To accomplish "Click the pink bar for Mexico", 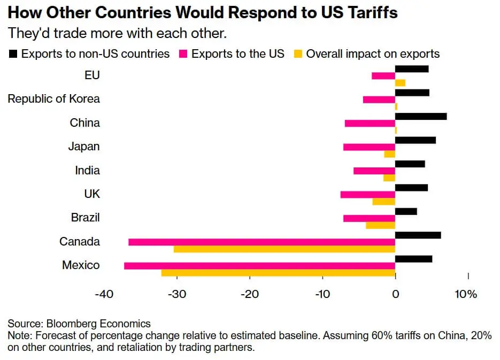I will (x=259, y=266).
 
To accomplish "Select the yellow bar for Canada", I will (x=284, y=249).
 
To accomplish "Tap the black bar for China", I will (x=421, y=116).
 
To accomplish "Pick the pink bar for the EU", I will (x=383, y=75).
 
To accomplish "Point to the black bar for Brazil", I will (x=406, y=211).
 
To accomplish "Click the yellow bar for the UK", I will (x=384, y=201).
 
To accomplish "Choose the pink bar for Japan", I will (x=369, y=147).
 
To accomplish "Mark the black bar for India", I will (x=410, y=164).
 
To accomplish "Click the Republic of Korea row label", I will (x=53, y=99).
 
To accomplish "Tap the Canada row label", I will (x=79, y=242).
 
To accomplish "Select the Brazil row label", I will (x=86, y=218).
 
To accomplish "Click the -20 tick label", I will (x=249, y=295).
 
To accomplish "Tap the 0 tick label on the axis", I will (x=395, y=295).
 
